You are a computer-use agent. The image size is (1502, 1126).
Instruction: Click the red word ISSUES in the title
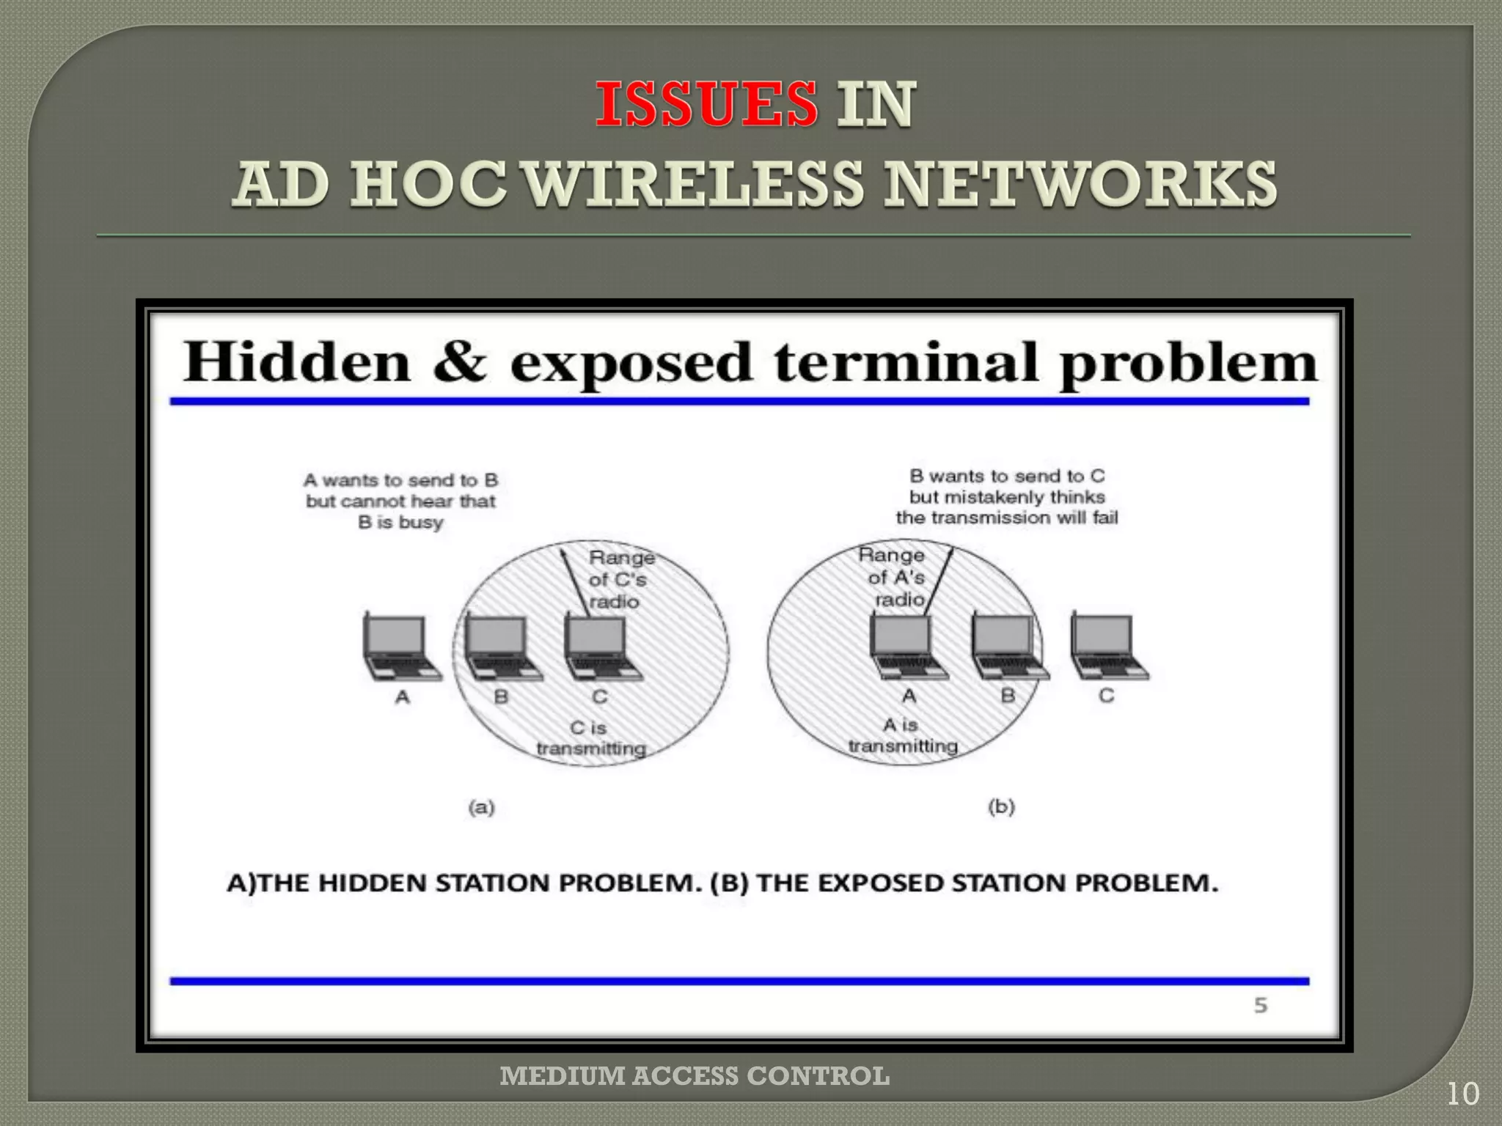(706, 104)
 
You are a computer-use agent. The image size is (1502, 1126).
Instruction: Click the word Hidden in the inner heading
(296, 362)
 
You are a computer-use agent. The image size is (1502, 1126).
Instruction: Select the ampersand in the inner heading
(460, 362)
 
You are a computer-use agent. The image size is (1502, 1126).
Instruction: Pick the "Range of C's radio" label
(620, 580)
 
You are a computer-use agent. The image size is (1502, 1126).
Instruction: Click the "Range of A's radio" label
(893, 577)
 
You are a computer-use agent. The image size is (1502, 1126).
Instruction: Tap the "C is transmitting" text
(590, 738)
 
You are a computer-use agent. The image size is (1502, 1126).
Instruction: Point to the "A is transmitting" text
(903, 735)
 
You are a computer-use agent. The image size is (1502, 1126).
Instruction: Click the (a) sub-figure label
(481, 807)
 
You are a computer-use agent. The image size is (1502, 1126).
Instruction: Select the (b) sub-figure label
(1001, 806)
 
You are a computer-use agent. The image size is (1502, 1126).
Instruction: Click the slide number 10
(1462, 1094)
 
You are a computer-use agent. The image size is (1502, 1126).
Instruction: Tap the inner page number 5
(1260, 1005)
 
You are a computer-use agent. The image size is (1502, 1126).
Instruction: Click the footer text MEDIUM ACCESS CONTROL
(695, 1076)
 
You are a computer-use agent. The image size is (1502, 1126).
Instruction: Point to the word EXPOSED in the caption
(878, 883)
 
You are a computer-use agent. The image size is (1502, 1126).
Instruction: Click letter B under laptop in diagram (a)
(501, 696)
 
